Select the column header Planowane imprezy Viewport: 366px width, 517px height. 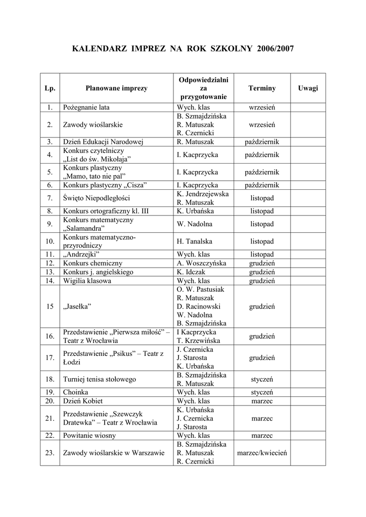pyautogui.click(x=116, y=88)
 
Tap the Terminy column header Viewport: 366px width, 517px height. pyautogui.click(x=262, y=88)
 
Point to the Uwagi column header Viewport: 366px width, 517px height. pyautogui.click(x=308, y=88)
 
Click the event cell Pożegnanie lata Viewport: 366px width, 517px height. pyautogui.click(x=86, y=108)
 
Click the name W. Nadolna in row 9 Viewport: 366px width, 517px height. pyautogui.click(x=195, y=224)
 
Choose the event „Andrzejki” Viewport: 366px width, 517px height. pyautogui.click(x=81, y=254)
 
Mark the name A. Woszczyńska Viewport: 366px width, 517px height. pyautogui.click(x=201, y=264)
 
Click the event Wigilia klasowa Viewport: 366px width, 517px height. pyautogui.click(x=87, y=281)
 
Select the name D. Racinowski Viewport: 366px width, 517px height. pyautogui.click(x=199, y=306)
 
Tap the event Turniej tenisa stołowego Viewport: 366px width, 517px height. pyautogui.click(x=100, y=379)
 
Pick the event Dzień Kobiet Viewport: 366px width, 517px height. pyautogui.click(x=83, y=401)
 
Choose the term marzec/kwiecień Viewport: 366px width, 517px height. pyautogui.click(x=262, y=453)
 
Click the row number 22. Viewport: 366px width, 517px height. pyautogui.click(x=50, y=436)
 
